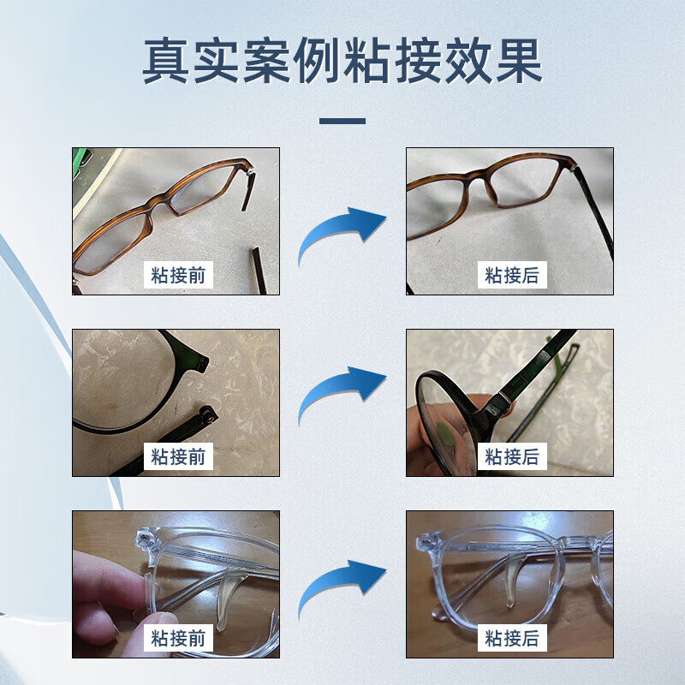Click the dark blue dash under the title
342,121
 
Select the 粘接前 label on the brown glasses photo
178,275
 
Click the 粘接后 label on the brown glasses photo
512,275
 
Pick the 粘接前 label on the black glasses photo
178,456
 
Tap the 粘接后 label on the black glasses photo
512,456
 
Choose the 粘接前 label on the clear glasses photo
178,638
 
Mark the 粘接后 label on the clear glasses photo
512,638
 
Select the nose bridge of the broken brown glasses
162,205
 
